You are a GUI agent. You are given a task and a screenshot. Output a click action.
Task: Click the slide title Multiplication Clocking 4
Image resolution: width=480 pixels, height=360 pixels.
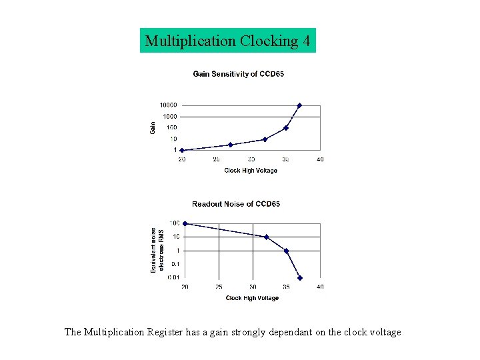(227, 41)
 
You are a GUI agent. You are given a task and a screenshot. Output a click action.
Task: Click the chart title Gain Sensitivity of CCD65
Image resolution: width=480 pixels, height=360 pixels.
(238, 74)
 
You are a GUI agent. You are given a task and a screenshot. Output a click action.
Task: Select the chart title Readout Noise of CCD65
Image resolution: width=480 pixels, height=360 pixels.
(236, 204)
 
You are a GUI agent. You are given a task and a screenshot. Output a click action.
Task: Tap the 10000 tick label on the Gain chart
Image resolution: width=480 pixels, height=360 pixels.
(167, 105)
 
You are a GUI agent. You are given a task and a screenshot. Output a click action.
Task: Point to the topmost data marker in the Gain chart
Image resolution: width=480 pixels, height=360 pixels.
(299, 105)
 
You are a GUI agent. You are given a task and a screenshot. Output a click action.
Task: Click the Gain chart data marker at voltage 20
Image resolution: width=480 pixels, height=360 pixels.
(181, 150)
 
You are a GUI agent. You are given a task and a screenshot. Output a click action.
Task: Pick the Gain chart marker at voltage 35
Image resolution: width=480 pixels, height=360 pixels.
(285, 128)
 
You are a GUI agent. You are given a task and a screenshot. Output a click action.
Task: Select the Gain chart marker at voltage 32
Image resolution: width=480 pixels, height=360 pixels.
(265, 139)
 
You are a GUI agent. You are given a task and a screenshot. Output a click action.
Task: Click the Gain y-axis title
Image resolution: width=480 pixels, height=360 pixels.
(152, 127)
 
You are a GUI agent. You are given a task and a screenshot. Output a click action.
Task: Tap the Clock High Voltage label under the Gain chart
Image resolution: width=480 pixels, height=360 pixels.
(251, 171)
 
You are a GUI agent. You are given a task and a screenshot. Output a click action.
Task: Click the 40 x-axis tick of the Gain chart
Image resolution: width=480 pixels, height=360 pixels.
(320, 159)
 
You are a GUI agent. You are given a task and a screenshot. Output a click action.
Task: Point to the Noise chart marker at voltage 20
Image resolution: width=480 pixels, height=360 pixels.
(185, 223)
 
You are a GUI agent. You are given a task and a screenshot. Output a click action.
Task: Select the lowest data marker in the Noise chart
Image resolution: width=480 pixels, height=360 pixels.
(300, 278)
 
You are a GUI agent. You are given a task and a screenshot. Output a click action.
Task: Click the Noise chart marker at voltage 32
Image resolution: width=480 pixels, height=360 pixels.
(266, 237)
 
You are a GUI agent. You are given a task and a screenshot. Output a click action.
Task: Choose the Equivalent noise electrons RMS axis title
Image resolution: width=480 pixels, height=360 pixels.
(157, 250)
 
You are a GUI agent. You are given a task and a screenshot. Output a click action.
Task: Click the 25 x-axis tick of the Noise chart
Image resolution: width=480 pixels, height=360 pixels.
(219, 287)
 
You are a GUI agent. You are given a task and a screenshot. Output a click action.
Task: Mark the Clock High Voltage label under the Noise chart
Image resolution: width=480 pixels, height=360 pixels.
(252, 298)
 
